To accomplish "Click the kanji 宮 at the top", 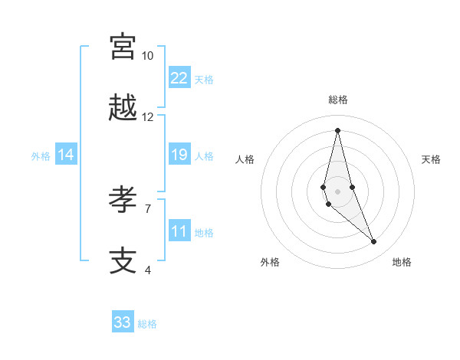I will [x=123, y=47].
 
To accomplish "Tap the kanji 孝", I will [x=123, y=200].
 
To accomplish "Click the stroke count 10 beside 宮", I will [x=147, y=56].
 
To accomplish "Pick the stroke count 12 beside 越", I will [x=147, y=117].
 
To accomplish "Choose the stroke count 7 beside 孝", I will [x=148, y=208].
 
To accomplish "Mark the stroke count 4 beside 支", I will [x=148, y=270].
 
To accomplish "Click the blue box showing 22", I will [x=179, y=78].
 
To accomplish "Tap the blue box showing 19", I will [x=179, y=155].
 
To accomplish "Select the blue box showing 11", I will [x=179, y=231].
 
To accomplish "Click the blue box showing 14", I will [x=66, y=155].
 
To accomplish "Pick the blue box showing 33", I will [x=123, y=322].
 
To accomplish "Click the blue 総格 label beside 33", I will [x=147, y=324].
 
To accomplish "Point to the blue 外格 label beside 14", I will [x=41, y=155].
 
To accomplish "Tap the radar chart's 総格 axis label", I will [x=337, y=100].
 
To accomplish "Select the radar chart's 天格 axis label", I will [x=431, y=159].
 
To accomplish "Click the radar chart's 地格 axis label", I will [x=402, y=262].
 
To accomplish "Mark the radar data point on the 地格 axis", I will [x=374, y=242].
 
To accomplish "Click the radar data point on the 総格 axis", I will [x=337, y=129].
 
